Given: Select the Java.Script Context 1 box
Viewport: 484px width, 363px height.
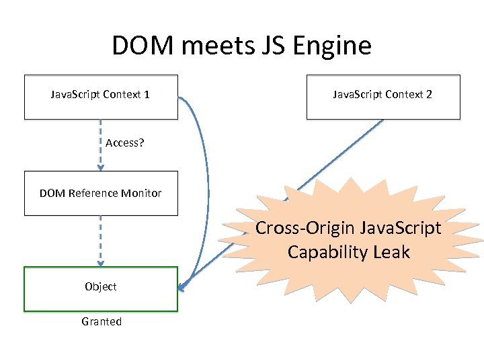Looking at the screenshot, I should [101, 97].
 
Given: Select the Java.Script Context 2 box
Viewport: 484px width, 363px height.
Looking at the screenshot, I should [383, 97].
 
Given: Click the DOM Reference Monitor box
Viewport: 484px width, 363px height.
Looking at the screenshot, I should [101, 193].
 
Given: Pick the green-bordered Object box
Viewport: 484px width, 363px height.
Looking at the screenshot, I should [101, 289].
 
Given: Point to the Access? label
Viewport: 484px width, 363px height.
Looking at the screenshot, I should [125, 143].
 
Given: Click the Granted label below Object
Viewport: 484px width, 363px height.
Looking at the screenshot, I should [102, 321].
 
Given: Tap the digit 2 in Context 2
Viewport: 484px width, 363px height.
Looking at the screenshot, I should [429, 94].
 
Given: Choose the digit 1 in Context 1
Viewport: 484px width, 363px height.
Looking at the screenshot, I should [147, 94].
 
